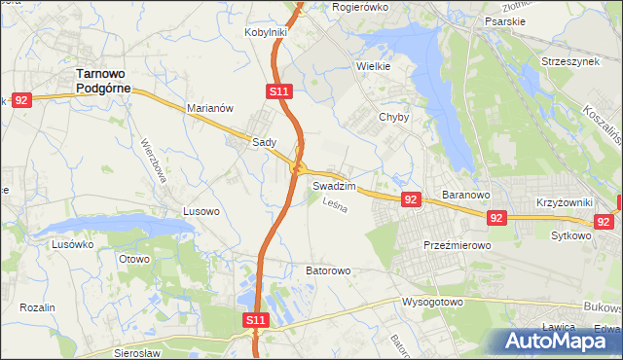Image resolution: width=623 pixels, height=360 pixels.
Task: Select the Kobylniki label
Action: pyautogui.click(x=265, y=32)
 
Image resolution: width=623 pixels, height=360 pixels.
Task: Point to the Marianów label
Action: pyautogui.click(x=209, y=109)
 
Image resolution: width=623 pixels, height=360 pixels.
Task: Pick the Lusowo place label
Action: pyautogui.click(x=202, y=210)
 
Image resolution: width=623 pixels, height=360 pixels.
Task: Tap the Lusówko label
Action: pyautogui.click(x=72, y=245)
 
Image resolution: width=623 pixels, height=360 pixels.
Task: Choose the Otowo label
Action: pyautogui.click(x=133, y=259)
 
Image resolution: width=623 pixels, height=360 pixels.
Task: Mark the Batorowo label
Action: pyautogui.click(x=327, y=270)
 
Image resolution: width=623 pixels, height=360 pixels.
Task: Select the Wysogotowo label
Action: pyautogui.click(x=432, y=303)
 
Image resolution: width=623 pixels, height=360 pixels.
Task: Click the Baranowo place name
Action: pyautogui.click(x=464, y=195)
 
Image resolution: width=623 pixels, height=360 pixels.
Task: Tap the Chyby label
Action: pyautogui.click(x=393, y=116)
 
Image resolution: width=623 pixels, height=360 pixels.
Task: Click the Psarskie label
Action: pyautogui.click(x=506, y=18)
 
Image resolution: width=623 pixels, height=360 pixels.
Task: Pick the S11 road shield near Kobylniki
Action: pyautogui.click(x=277, y=91)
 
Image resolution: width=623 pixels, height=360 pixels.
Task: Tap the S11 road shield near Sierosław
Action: pyautogui.click(x=254, y=319)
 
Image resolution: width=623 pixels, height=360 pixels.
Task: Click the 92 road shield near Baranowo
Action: pyautogui.click(x=410, y=199)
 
